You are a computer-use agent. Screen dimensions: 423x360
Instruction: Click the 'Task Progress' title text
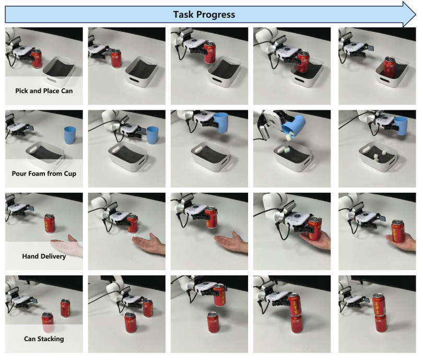coord(204,15)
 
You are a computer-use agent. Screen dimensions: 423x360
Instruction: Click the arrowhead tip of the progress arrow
coord(416,14)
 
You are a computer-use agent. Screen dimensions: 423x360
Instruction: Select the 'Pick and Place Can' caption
coord(44,91)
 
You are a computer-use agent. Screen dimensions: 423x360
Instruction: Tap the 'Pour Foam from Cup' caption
coord(44,173)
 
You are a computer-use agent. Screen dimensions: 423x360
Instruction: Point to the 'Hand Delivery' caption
coord(44,256)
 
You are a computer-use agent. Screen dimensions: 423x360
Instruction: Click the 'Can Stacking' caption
coord(44,339)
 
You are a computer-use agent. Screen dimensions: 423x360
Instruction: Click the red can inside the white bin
coord(390,66)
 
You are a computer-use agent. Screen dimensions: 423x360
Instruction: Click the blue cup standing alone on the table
coord(70,135)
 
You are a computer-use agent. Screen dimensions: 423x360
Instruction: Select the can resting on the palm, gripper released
coord(398,231)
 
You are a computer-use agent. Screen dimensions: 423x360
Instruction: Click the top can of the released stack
coord(379,305)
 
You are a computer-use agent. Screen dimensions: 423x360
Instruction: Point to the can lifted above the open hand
coord(210,217)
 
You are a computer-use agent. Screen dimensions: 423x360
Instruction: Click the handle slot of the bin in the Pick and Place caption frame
coord(53,80)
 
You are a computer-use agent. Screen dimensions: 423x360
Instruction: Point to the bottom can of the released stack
coord(381,323)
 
